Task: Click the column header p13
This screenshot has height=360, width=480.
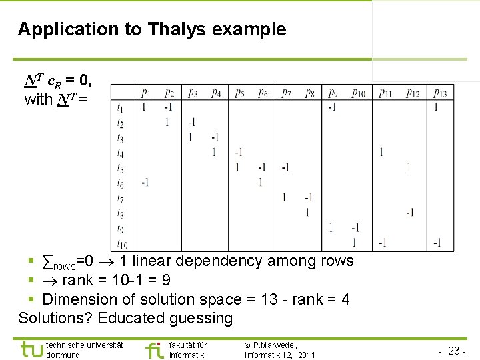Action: tap(439, 93)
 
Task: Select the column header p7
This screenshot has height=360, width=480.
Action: tap(286, 93)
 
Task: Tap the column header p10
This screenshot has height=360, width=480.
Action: tap(358, 93)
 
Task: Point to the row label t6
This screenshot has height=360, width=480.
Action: tap(120, 183)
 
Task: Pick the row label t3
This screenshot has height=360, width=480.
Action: tap(120, 139)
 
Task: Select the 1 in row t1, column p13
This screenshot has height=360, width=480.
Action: tap(436, 107)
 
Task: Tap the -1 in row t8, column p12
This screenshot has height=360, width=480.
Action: tap(409, 213)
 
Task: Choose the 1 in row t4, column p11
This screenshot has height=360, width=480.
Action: tap(381, 152)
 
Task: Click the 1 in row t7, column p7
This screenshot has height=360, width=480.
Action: tap(285, 197)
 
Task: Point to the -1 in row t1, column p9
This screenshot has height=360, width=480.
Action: tap(331, 107)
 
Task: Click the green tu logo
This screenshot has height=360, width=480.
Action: tap(31, 349)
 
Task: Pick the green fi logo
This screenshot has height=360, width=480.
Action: tap(154, 349)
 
